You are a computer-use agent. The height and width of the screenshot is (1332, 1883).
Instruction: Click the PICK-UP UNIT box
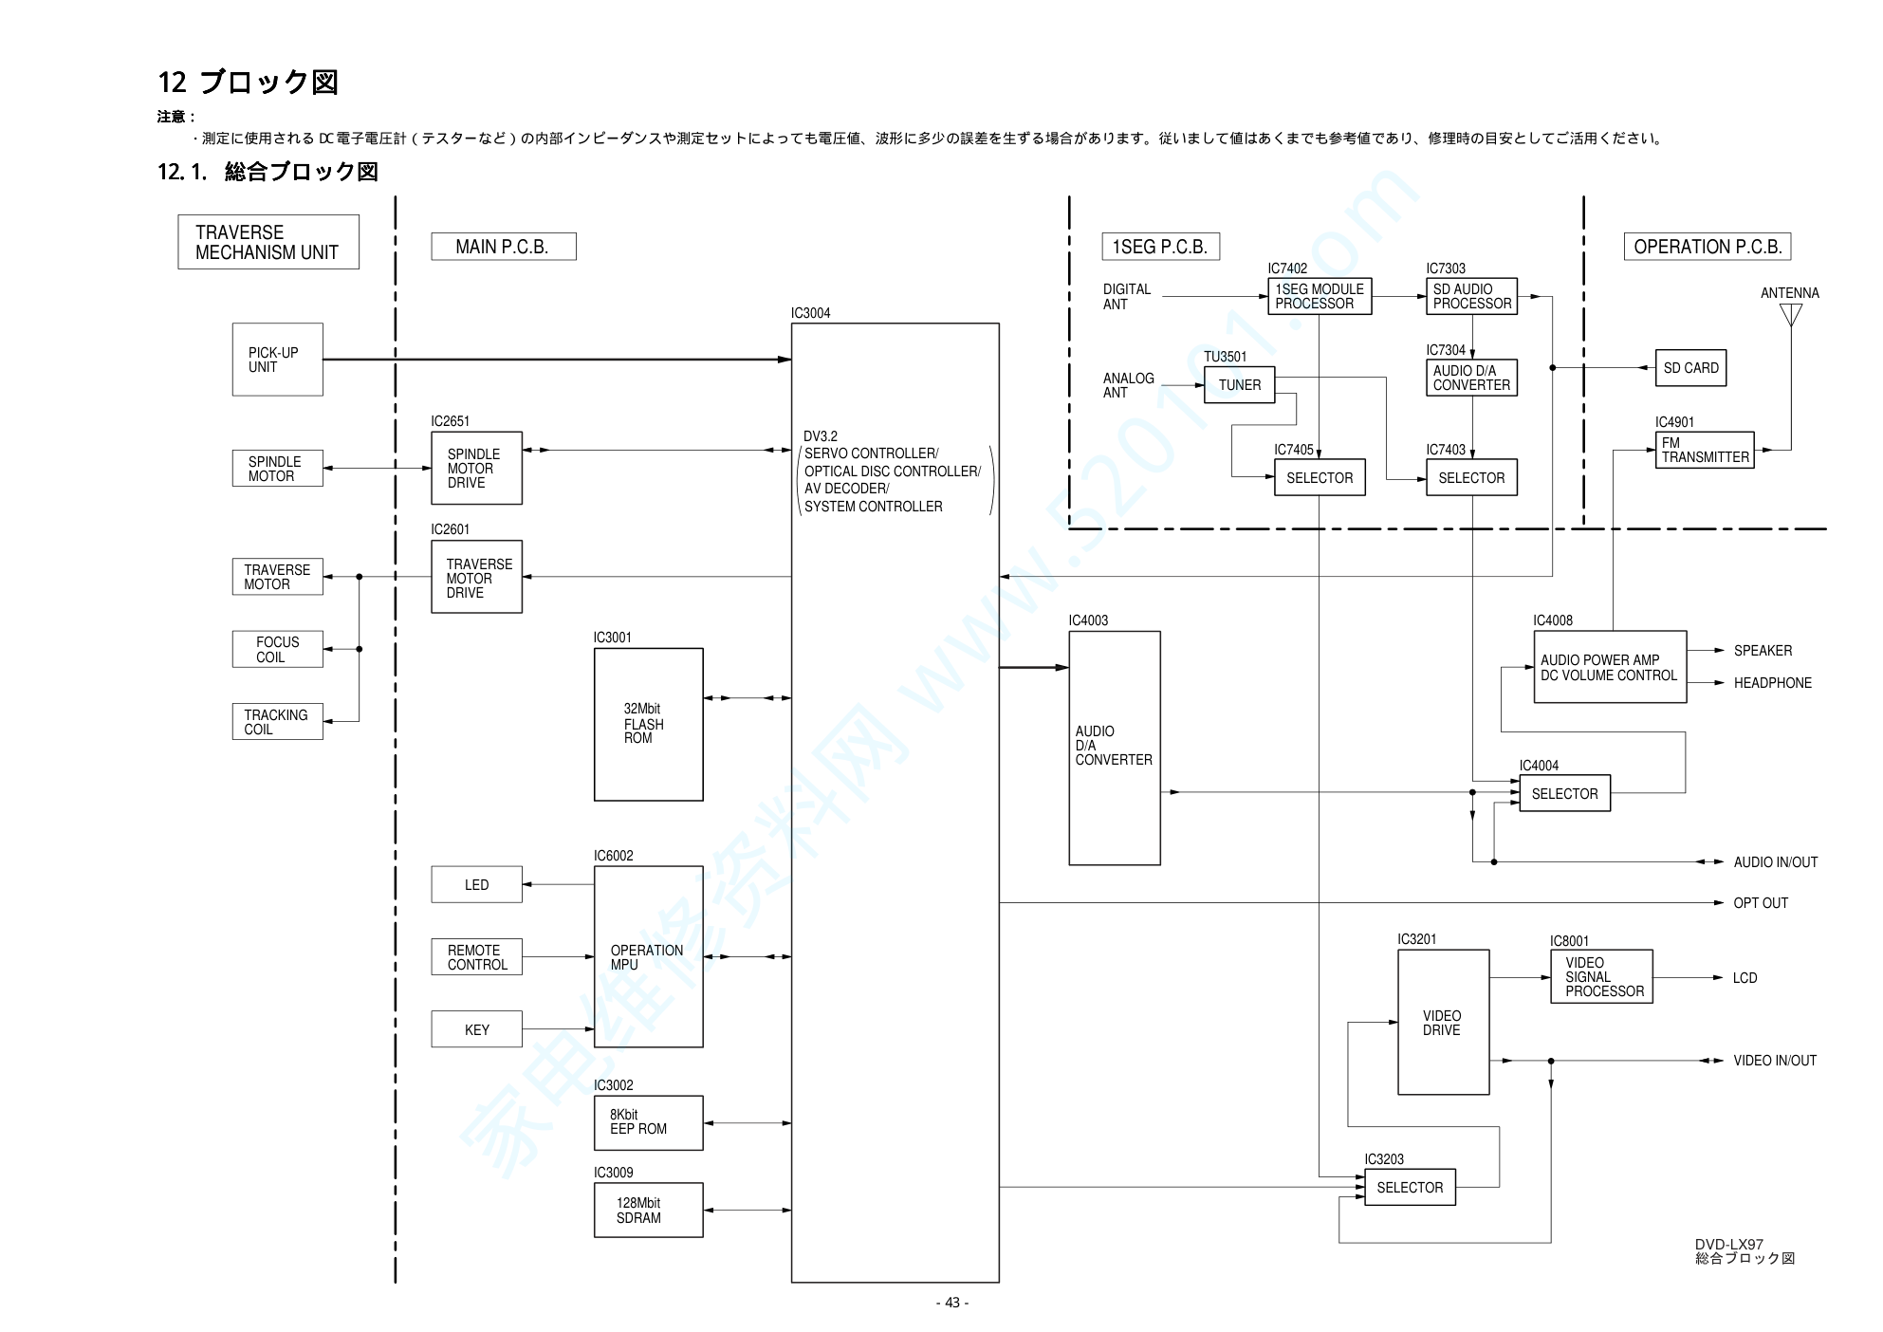click(277, 360)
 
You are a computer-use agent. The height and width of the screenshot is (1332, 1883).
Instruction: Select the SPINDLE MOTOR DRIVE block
click(476, 468)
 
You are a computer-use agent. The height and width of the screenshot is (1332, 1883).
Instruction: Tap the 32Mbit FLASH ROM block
click(648, 724)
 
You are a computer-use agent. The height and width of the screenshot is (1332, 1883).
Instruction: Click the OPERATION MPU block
click(648, 956)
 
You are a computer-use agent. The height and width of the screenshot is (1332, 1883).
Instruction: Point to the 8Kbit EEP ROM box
click(648, 1122)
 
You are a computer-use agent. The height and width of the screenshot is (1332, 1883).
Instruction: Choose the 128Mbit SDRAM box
click(648, 1210)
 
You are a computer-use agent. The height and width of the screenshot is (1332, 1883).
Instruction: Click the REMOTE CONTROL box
click(476, 956)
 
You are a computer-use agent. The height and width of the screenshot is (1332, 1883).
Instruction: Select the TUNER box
click(1239, 385)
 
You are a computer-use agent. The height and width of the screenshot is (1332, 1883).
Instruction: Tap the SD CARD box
click(1690, 368)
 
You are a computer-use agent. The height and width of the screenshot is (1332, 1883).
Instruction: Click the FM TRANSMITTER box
click(1704, 450)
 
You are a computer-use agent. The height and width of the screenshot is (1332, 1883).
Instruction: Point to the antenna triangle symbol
click(1790, 314)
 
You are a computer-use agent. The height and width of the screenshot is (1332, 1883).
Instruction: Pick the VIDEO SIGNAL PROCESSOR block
click(1601, 976)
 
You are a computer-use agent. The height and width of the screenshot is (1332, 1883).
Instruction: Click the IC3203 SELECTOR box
click(1410, 1187)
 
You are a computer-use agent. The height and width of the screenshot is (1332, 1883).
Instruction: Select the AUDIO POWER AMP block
click(1609, 667)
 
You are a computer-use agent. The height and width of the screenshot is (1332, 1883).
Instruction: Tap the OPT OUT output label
click(1760, 903)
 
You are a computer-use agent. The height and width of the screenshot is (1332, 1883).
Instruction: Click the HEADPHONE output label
click(1772, 683)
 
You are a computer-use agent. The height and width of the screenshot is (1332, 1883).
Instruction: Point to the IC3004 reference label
click(810, 313)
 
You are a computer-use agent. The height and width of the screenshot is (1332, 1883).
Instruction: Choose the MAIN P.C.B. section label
click(503, 247)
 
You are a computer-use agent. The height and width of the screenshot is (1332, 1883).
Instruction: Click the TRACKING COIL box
click(277, 721)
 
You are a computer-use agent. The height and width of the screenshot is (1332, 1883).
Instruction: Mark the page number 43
click(952, 1303)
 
